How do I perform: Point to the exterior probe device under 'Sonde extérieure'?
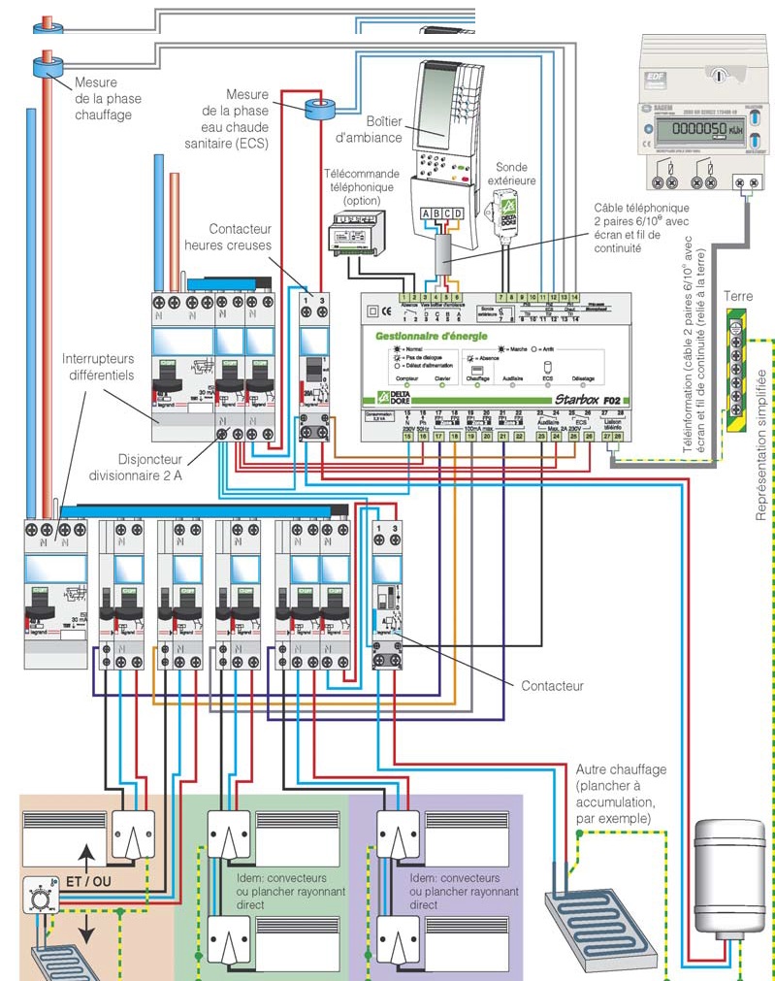click(x=503, y=208)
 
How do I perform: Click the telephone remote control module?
click(x=358, y=233)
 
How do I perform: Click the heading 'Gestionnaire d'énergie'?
click(x=433, y=334)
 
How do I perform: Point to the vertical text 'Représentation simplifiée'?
click(x=761, y=441)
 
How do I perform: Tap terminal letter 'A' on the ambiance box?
click(x=426, y=214)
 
